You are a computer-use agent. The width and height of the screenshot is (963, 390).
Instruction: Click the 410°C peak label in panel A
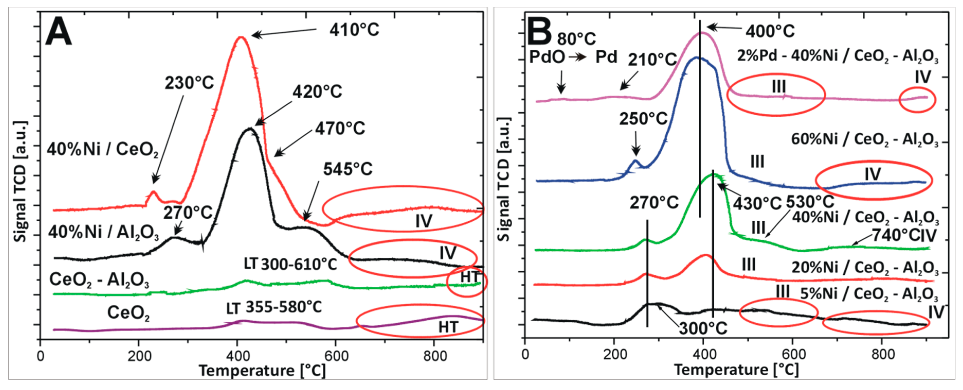(354, 30)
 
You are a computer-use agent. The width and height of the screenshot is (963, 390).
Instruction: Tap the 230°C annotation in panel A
(189, 83)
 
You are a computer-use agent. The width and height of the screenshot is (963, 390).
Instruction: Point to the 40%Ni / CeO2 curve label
(102, 150)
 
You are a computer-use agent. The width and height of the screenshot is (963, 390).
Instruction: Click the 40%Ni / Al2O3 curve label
(103, 233)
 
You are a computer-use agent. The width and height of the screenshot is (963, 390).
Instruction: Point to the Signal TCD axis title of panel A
(20, 181)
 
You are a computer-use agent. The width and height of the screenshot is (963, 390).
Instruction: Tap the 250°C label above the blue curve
(643, 119)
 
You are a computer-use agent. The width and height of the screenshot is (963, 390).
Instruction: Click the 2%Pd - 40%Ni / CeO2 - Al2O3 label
(837, 56)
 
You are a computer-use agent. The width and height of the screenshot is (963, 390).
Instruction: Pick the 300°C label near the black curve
(703, 329)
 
